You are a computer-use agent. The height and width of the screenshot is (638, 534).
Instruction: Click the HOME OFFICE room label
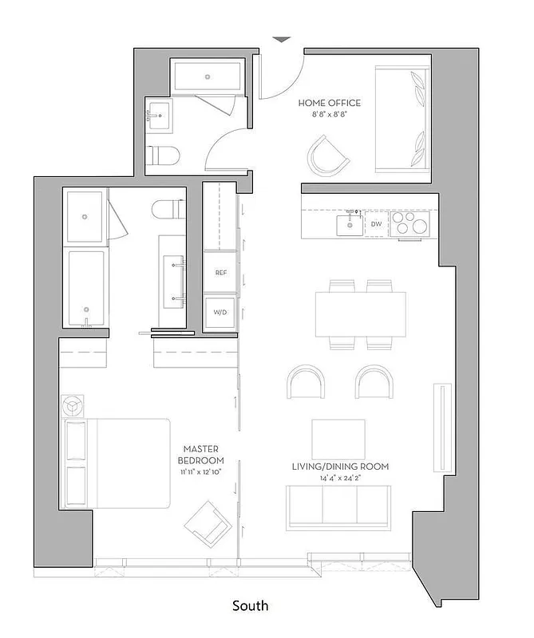point(329,103)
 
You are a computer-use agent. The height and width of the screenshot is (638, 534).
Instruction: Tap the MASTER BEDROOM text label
point(201,455)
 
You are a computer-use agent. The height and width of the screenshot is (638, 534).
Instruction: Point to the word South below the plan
point(250,606)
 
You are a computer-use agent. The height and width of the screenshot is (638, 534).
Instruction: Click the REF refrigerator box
point(221,273)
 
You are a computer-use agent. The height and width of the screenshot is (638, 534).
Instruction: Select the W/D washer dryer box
point(220,313)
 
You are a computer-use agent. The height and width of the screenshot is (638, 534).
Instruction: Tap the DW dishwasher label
point(376,225)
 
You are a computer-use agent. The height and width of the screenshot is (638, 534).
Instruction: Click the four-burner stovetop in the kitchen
point(410,224)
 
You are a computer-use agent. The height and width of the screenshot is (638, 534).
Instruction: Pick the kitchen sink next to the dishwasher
point(350,224)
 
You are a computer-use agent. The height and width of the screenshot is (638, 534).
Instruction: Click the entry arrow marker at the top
point(281,39)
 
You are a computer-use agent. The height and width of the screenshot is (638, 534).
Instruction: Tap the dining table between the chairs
point(360,315)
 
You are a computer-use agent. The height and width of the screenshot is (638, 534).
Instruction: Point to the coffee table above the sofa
point(338,439)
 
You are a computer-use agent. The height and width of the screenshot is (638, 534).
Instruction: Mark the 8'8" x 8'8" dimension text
point(329,115)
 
